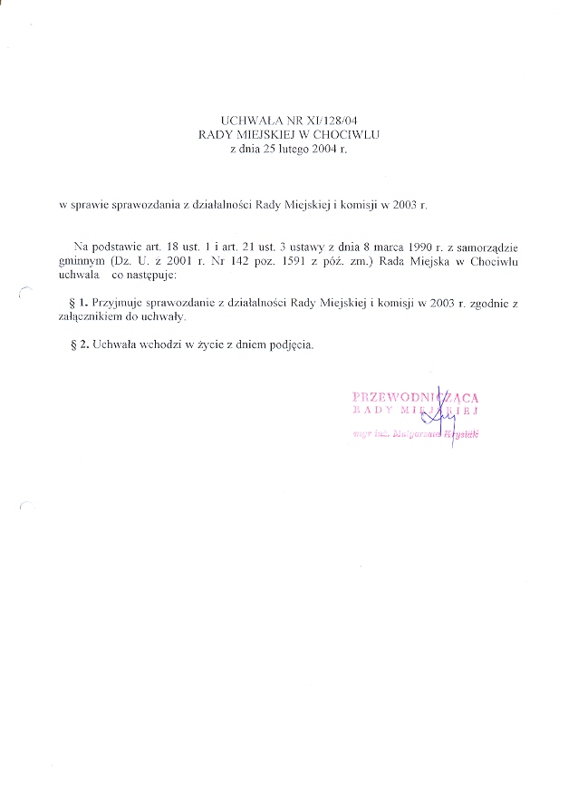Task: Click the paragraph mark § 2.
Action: coord(77,345)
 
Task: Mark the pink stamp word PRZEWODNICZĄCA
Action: coord(415,396)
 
